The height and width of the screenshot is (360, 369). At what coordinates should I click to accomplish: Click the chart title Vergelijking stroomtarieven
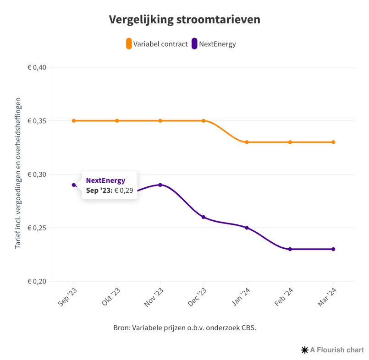pos(184,20)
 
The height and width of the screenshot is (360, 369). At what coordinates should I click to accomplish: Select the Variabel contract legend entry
pos(157,44)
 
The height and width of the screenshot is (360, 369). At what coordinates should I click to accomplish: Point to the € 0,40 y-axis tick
pos(37,67)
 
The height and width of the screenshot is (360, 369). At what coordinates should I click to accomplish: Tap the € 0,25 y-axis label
pos(37,228)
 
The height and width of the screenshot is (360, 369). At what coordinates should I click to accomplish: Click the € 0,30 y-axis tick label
pos(37,174)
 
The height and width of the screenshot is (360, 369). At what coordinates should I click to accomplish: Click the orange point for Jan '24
pos(247,142)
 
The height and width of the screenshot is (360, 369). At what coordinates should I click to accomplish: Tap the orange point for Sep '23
pos(73,120)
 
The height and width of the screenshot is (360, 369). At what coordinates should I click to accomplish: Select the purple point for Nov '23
pos(160,185)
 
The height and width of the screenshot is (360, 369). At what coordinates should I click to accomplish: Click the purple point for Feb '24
pos(290,249)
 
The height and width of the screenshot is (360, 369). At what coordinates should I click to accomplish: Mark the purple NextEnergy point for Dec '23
pos(204,217)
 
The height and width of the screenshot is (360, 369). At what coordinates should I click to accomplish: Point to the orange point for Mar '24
pos(333,142)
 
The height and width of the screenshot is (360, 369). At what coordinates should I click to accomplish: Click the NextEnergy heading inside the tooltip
pos(105,180)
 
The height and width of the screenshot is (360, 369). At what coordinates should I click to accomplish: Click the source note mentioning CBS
pos(184,328)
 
